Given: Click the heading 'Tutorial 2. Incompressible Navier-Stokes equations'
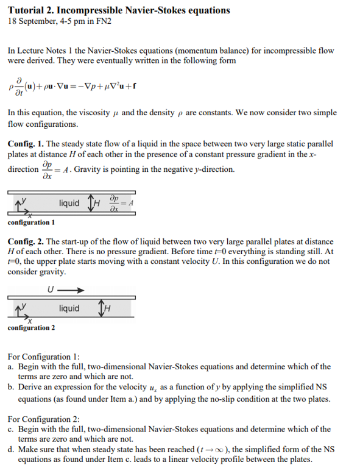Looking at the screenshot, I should (119, 10).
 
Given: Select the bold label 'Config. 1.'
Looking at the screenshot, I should (26, 144).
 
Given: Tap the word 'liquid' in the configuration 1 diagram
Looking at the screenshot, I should (69, 202).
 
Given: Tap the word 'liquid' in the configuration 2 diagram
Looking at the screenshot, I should (69, 308).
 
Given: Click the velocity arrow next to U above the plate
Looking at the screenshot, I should (71, 290).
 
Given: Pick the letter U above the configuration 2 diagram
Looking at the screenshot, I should (49, 290).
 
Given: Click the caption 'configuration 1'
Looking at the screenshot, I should (31, 222).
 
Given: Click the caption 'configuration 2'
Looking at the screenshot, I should (31, 329).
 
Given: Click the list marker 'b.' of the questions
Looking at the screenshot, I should (12, 388).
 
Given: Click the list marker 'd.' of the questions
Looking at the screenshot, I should (12, 450).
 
